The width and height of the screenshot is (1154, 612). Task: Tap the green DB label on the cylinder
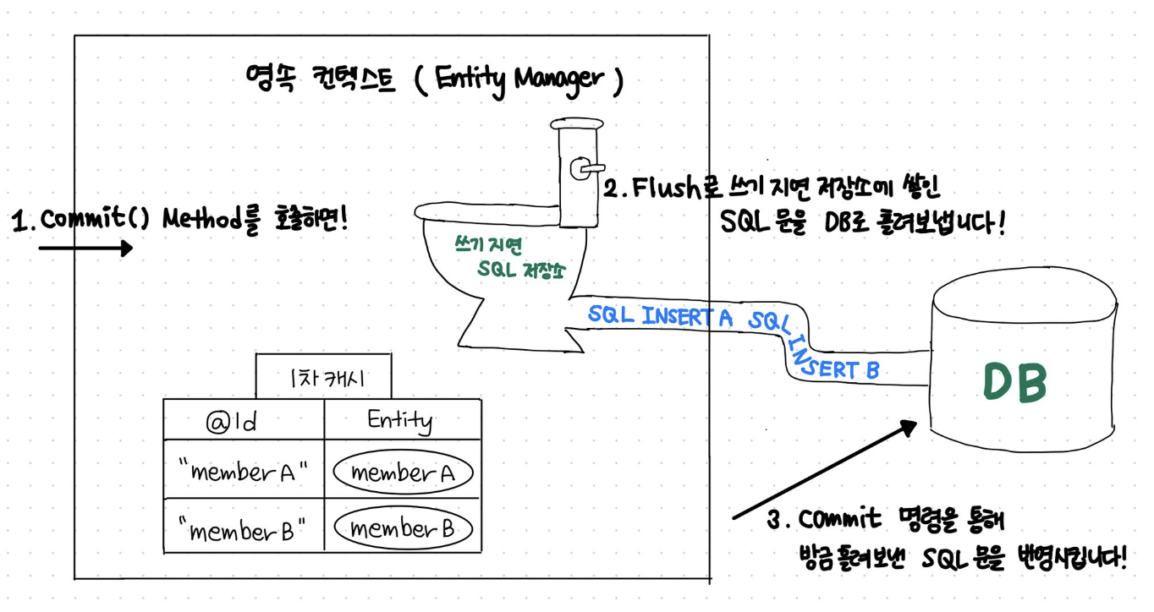point(1014,383)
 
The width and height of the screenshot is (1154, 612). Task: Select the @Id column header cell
point(243,420)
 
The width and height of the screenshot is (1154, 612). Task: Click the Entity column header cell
point(399,420)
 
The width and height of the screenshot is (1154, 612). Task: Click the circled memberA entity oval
point(402,474)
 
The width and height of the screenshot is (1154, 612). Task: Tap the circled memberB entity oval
point(402,530)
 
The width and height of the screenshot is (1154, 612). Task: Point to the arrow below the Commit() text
point(85,249)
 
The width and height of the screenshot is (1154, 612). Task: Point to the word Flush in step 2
point(668,188)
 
